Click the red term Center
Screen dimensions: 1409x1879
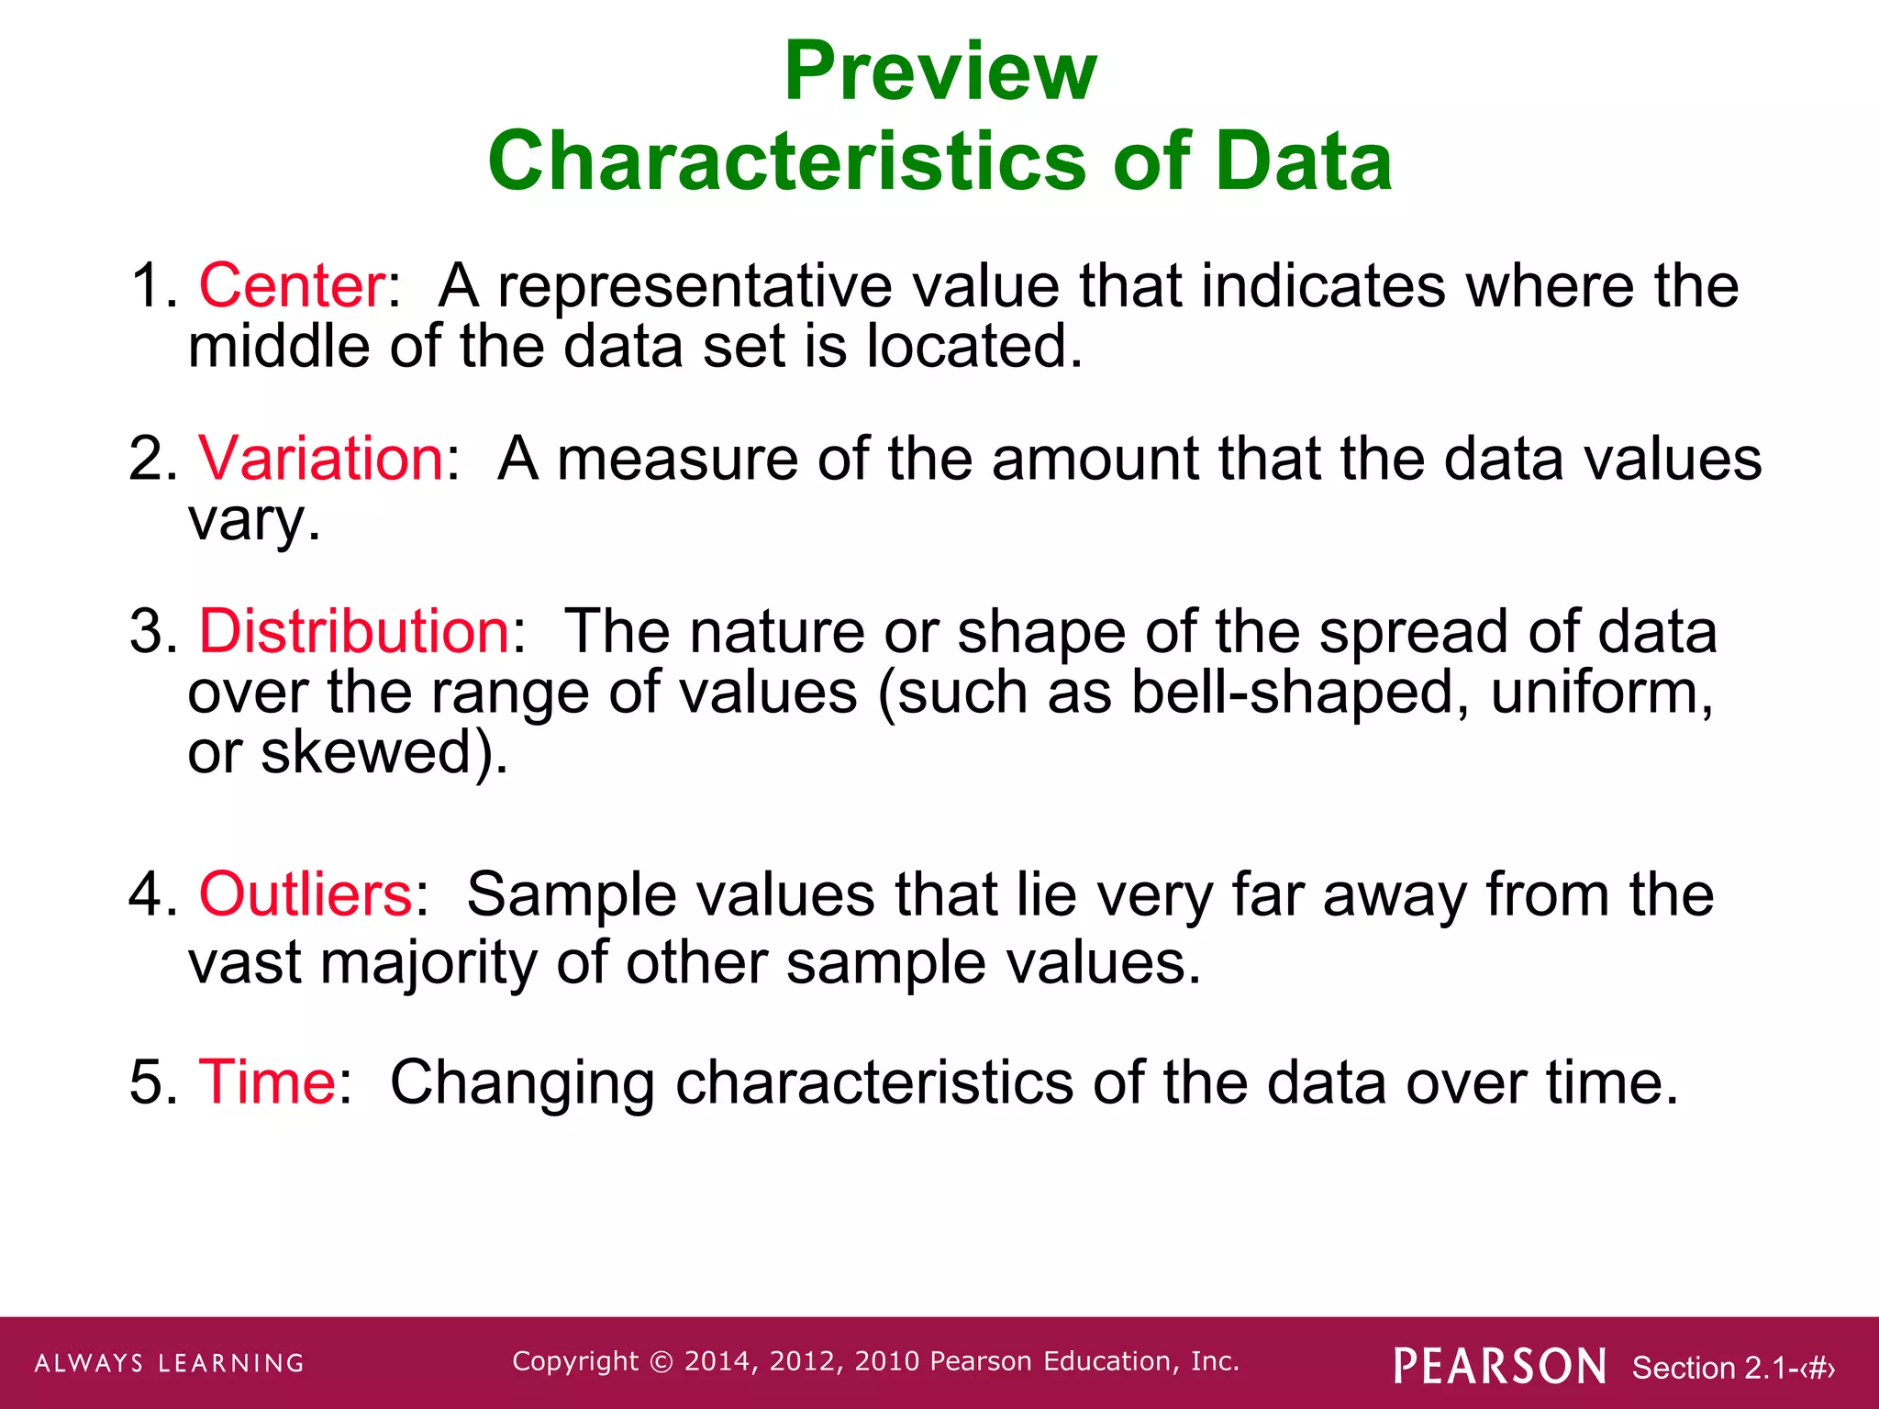pyautogui.click(x=293, y=285)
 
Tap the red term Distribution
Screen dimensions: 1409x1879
pyautogui.click(x=354, y=631)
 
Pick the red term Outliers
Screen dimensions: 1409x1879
pyautogui.click(x=306, y=893)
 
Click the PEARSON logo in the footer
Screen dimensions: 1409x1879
pyautogui.click(x=1500, y=1366)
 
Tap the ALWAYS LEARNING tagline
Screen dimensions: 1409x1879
pyautogui.click(x=170, y=1363)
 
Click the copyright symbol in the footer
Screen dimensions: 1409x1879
pyautogui.click(x=661, y=1361)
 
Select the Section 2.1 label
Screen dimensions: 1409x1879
pyautogui.click(x=1732, y=1368)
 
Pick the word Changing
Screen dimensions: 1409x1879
pyautogui.click(x=522, y=1083)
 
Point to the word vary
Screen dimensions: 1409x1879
pyautogui.click(x=247, y=521)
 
